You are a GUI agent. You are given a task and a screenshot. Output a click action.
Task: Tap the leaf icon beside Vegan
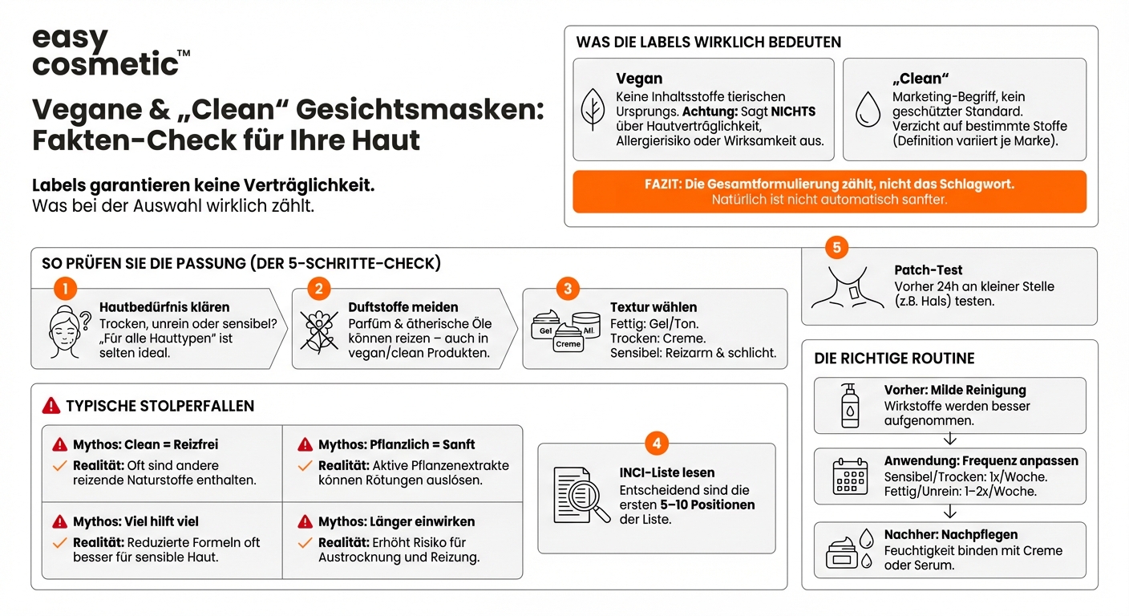[593, 110]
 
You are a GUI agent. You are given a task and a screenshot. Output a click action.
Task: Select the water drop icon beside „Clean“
[868, 110]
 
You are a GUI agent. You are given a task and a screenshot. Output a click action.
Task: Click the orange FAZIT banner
[830, 192]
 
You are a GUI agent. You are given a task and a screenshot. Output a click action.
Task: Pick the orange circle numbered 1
[65, 289]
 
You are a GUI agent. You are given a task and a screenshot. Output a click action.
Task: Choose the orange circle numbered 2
[318, 289]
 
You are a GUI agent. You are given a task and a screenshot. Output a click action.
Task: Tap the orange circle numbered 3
[568, 289]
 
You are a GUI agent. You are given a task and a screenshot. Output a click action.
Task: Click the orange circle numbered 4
[657, 443]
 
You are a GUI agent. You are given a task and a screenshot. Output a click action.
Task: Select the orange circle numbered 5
[836, 248]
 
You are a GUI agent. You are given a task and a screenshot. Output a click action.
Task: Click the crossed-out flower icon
[318, 331]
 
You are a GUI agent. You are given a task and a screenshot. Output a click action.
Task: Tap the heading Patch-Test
[929, 270]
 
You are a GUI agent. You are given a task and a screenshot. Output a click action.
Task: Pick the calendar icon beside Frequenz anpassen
[850, 476]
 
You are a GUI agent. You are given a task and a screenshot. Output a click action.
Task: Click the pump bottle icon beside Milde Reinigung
[849, 405]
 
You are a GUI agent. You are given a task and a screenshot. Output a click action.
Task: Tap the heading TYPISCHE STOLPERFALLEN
[160, 406]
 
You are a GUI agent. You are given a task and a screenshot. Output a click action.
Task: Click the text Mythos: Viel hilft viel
[136, 522]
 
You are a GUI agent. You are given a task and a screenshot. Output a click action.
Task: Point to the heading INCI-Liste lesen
[666, 472]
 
